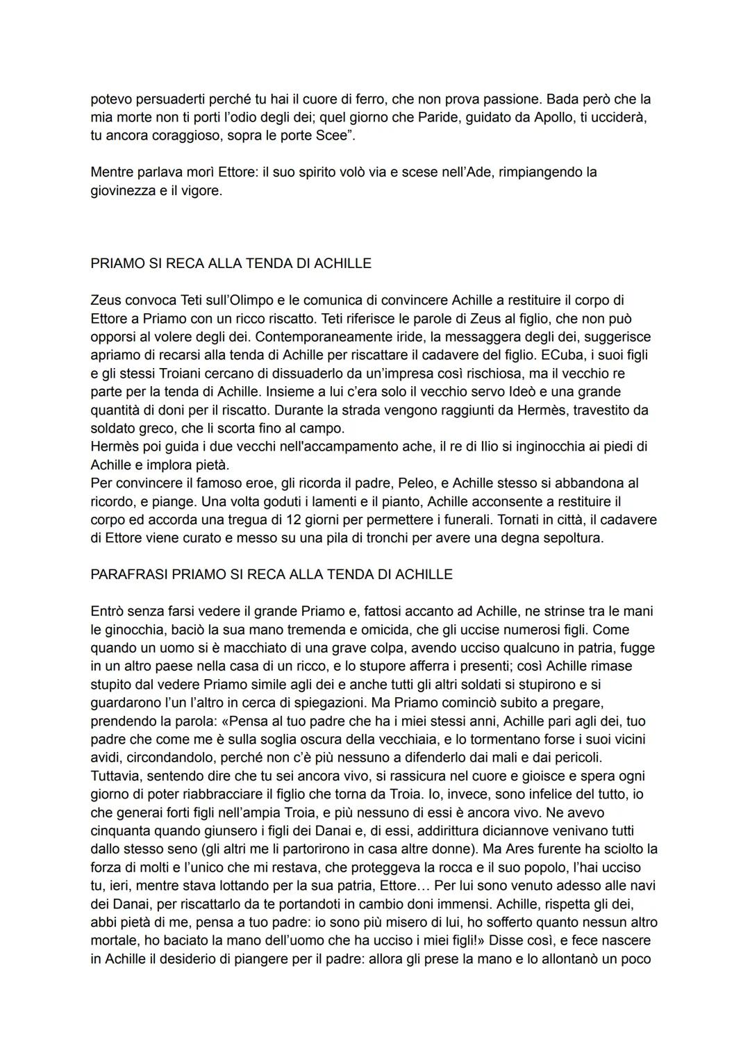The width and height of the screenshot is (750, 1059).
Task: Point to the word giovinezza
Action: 123,190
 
